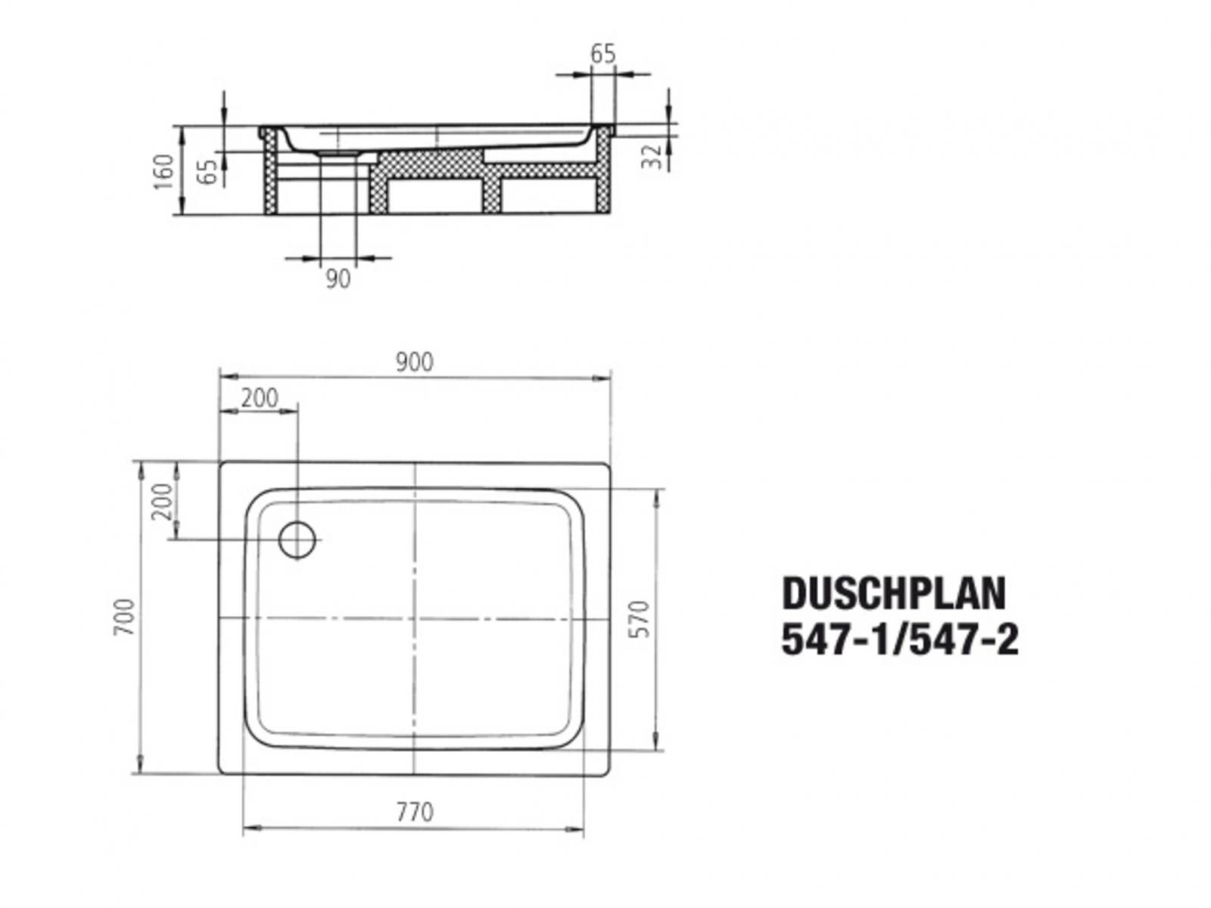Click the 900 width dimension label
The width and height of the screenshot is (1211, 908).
[x=414, y=362]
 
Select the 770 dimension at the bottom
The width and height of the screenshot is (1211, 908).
[x=415, y=812]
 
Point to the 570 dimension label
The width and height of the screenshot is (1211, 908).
[x=640, y=618]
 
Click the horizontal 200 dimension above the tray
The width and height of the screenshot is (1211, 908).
[x=260, y=397]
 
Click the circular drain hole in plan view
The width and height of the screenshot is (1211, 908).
[x=297, y=539]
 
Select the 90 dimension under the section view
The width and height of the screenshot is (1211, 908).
[x=338, y=278]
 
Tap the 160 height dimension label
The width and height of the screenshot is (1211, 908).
[x=164, y=172]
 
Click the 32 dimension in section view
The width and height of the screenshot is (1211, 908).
[x=652, y=157]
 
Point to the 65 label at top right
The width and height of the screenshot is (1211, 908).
[x=602, y=54]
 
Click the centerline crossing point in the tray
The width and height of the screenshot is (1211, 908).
[x=415, y=618]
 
